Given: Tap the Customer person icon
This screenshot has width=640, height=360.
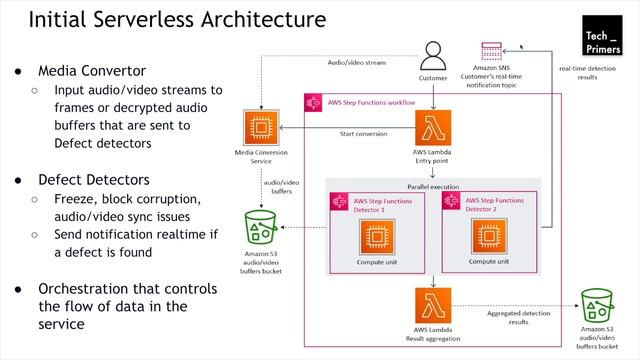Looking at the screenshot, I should tap(432, 55).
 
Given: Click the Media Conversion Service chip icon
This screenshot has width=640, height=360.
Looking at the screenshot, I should tap(259, 128).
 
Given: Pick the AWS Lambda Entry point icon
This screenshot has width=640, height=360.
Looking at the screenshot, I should tap(432, 128).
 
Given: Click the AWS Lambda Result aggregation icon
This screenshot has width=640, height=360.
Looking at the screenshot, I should tap(432, 304).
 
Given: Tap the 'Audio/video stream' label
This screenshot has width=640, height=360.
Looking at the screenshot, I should tap(358, 62).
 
